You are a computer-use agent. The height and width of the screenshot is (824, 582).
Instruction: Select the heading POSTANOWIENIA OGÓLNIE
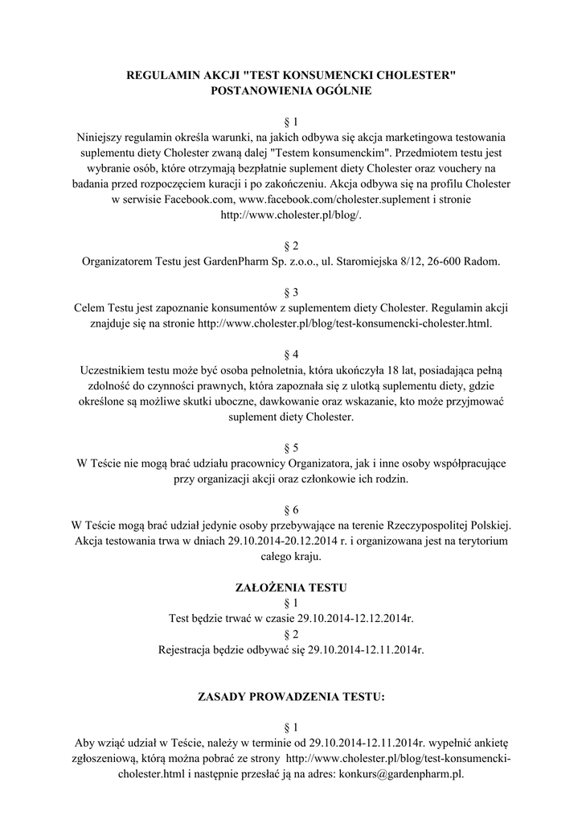click(291, 91)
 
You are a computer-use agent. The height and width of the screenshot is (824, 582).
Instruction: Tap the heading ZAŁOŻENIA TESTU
click(291, 587)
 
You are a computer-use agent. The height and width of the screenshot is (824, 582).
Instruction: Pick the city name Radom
click(482, 262)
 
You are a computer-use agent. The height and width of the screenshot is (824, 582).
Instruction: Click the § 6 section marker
click(291, 510)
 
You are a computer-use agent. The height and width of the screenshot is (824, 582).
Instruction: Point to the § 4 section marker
click(291, 354)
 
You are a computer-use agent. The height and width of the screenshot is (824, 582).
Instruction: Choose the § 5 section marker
click(291, 447)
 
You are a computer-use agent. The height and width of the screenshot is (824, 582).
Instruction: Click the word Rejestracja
click(190, 649)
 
